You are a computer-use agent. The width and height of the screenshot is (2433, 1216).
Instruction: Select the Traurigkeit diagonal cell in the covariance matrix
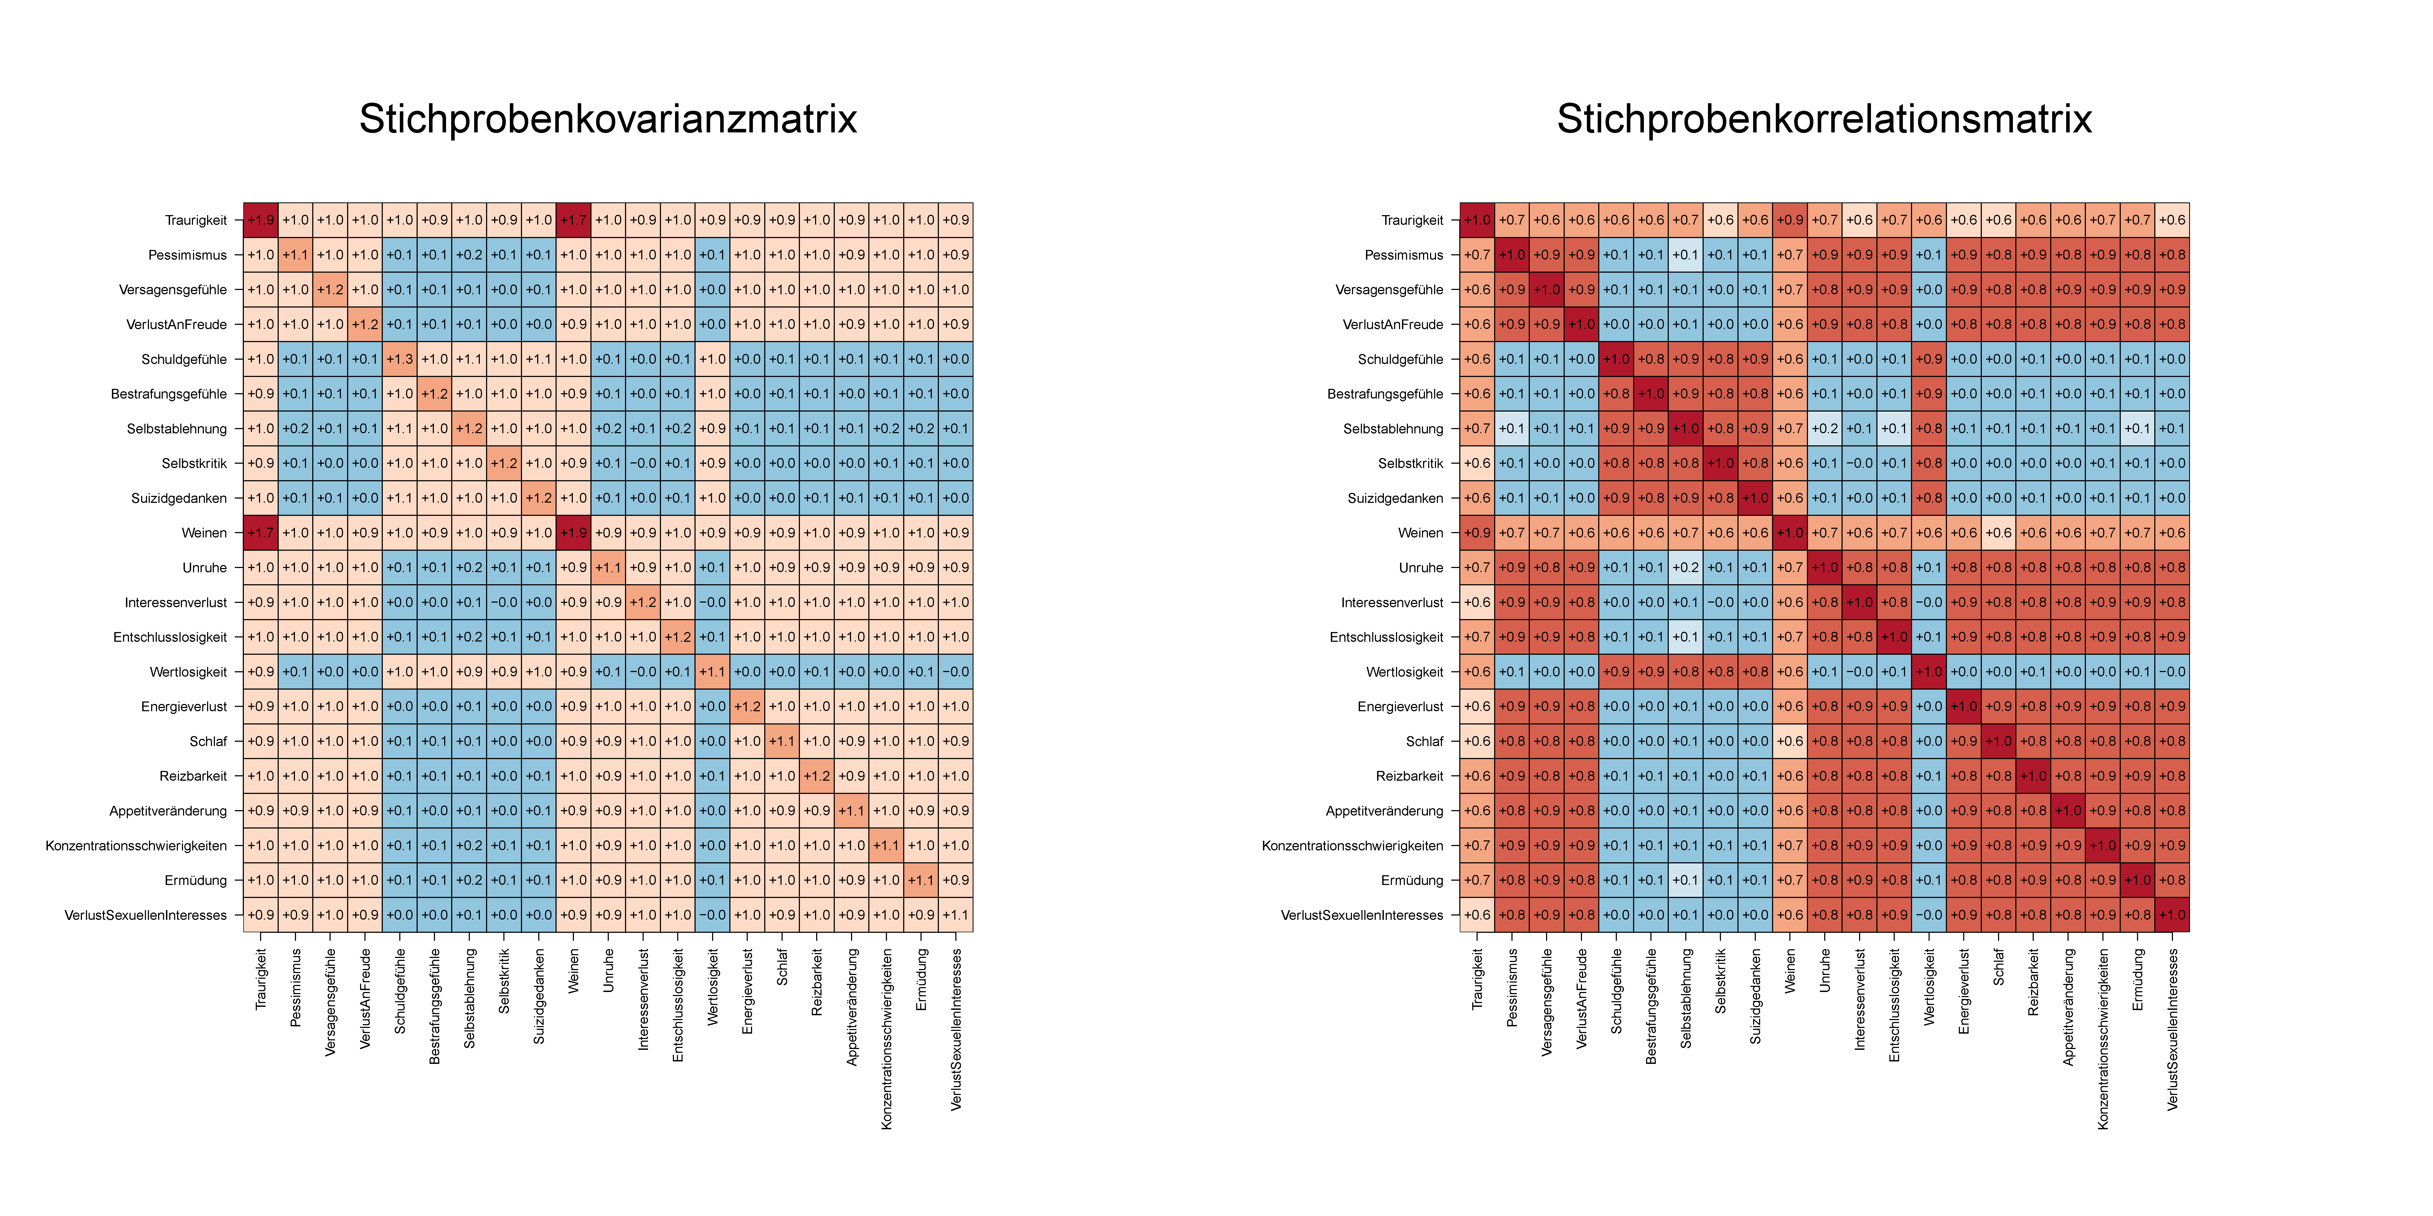pos(261,220)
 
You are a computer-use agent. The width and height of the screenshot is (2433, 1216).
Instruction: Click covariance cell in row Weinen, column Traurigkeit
pos(261,532)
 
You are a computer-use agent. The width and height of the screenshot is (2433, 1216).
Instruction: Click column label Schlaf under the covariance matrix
pos(782,968)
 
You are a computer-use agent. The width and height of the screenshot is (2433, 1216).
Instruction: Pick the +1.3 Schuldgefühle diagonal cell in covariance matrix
pos(400,359)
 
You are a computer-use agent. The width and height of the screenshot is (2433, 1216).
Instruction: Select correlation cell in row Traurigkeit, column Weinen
pos(1790,220)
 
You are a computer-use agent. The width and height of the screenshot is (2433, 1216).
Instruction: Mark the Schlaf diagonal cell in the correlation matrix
pos(1999,741)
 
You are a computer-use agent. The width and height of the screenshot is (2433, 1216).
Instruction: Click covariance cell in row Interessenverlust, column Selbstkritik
pos(504,602)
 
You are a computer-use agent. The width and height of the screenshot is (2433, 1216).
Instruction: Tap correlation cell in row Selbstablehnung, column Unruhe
pos(1825,429)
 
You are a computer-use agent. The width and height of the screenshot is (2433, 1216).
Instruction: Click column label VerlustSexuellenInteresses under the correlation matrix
pos(2172,1029)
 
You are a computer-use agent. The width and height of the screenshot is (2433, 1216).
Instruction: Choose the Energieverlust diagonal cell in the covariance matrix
pos(747,706)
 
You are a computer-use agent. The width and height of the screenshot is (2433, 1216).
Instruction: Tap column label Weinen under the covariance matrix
pos(573,971)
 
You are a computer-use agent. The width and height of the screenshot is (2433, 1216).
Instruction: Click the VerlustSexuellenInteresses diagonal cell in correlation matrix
pos(2172,915)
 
